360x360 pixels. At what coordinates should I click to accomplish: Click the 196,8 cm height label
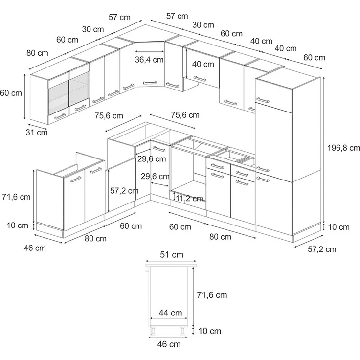(343, 148)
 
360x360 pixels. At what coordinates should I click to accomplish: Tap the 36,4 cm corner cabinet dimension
(149, 60)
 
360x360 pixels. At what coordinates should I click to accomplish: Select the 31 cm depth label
(37, 132)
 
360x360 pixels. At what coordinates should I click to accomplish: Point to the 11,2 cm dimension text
(189, 198)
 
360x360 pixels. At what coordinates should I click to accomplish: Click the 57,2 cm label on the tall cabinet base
(322, 249)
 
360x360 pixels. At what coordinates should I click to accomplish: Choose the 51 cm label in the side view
(172, 255)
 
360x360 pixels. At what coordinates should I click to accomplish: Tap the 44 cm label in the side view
(170, 313)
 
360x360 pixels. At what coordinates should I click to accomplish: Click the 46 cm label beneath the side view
(169, 344)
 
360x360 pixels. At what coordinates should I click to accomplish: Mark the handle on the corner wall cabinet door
(150, 83)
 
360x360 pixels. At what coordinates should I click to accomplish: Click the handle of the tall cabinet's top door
(263, 100)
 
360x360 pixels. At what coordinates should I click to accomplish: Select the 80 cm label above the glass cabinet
(38, 53)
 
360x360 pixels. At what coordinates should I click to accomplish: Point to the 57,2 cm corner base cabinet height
(124, 191)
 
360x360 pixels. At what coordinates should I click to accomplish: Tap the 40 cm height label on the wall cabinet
(203, 64)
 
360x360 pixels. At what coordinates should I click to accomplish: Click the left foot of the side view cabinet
(152, 331)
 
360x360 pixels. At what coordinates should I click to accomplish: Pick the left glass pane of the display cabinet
(58, 98)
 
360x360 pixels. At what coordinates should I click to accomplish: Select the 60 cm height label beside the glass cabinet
(11, 93)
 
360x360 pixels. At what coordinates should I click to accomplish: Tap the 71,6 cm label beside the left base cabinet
(16, 197)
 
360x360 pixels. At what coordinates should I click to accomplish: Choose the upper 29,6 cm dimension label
(152, 159)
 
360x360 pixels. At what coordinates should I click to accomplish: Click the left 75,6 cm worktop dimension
(109, 116)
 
